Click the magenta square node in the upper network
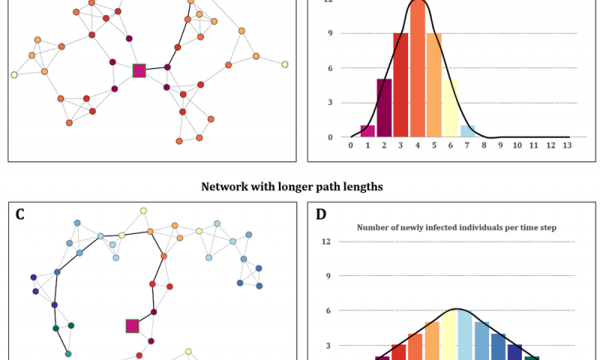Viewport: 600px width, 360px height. pyautogui.click(x=139, y=70)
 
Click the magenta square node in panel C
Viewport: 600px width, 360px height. pyautogui.click(x=132, y=325)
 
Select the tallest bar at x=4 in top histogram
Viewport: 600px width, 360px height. pyautogui.click(x=417, y=71)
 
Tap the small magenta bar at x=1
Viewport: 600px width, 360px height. pyautogui.click(x=367, y=131)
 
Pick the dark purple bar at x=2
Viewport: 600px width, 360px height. pyautogui.click(x=384, y=108)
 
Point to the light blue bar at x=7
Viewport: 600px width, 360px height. pyautogui.click(x=467, y=131)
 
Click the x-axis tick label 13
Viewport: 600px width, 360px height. pyautogui.click(x=567, y=145)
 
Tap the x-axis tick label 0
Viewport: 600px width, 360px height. pyautogui.click(x=351, y=145)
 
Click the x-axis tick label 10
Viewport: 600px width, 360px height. pyautogui.click(x=517, y=145)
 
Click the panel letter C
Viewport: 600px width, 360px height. pyautogui.click(x=20, y=214)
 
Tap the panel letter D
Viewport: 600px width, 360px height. pyautogui.click(x=321, y=214)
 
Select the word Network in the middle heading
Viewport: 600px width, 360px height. pyautogui.click(x=226, y=187)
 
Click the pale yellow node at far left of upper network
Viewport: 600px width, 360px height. pyautogui.click(x=13, y=75)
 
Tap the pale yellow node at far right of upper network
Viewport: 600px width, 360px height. pyautogui.click(x=285, y=64)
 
